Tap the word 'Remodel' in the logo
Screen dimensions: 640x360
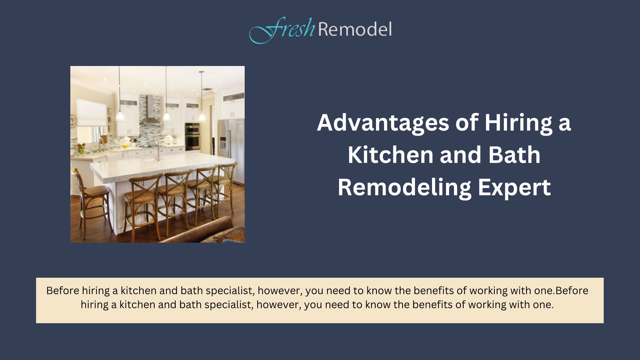point(355,29)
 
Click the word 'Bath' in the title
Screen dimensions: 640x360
point(514,155)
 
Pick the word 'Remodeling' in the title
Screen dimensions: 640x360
point(404,188)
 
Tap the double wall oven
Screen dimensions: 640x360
point(192,136)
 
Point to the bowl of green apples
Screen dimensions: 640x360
point(81,149)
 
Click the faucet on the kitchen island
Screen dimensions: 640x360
point(156,146)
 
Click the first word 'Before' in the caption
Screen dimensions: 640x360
point(63,291)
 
